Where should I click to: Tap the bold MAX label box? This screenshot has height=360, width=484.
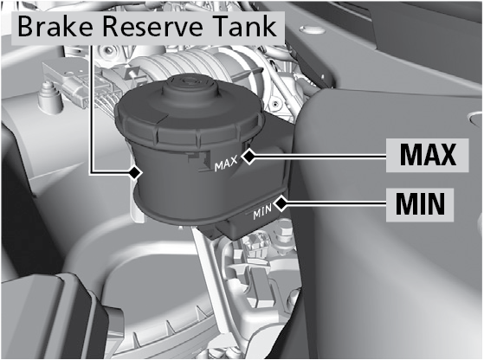428,155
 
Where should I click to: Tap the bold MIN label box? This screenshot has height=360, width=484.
420,204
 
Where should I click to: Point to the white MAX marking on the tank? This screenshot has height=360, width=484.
226,164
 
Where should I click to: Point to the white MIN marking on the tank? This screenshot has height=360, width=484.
262,212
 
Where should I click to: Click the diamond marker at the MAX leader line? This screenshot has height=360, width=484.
248,157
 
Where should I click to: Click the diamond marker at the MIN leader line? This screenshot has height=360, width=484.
281,203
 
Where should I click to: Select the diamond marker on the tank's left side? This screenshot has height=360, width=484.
135,172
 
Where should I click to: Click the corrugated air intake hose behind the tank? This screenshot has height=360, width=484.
185,67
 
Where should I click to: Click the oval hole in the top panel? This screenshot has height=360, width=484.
313,30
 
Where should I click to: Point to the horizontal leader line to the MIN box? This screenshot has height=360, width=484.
337,203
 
